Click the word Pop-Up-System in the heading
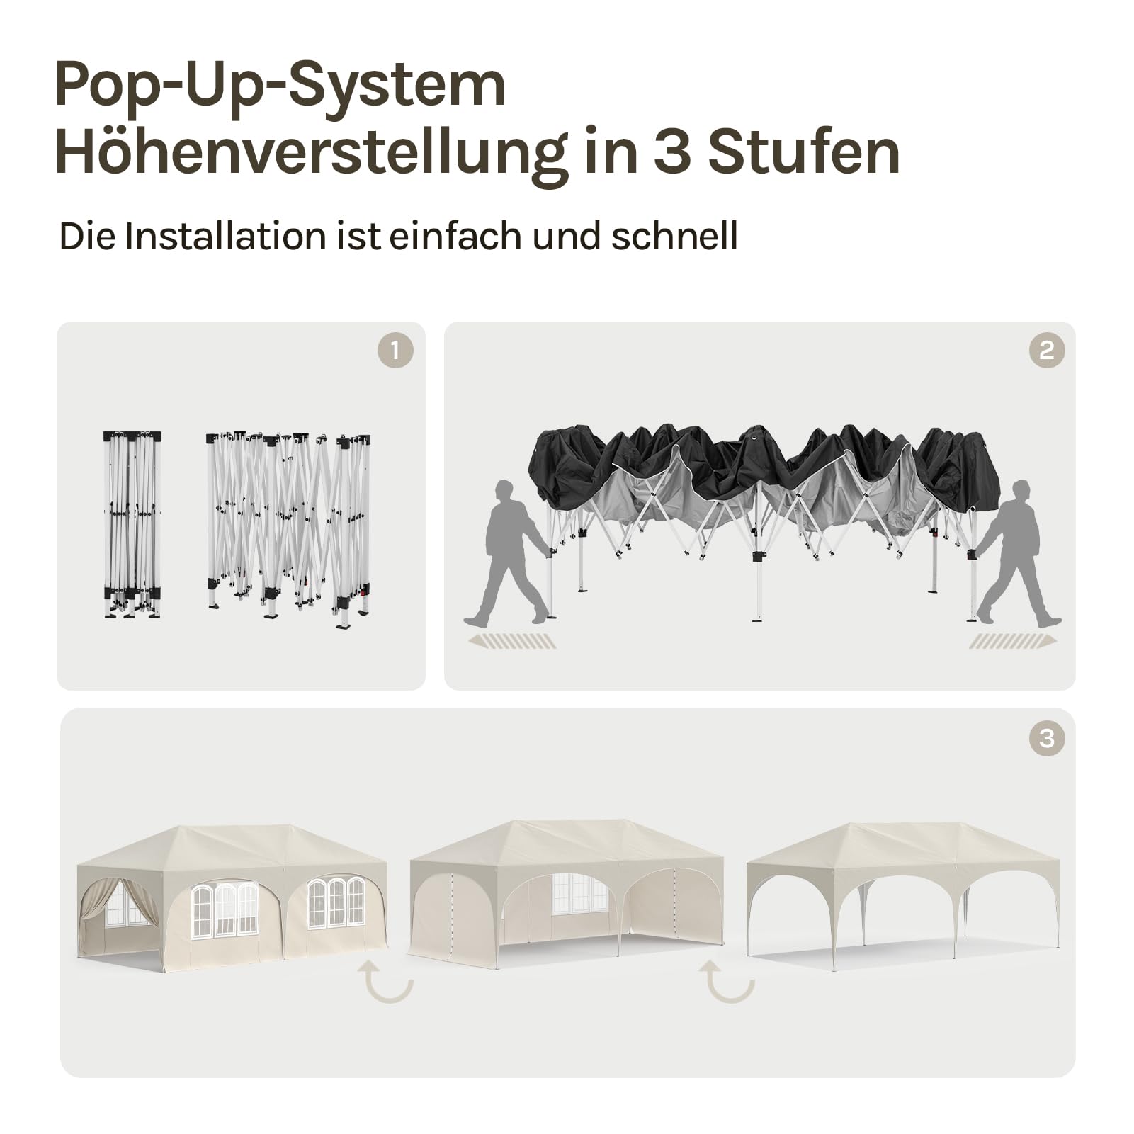(280, 86)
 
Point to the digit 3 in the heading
(671, 152)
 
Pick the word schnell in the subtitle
(674, 236)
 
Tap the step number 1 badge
(395, 350)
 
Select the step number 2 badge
(1047, 350)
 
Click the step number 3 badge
(1047, 739)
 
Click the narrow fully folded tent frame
(132, 524)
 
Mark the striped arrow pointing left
(512, 641)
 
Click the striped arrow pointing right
(1013, 641)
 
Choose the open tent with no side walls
(903, 895)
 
